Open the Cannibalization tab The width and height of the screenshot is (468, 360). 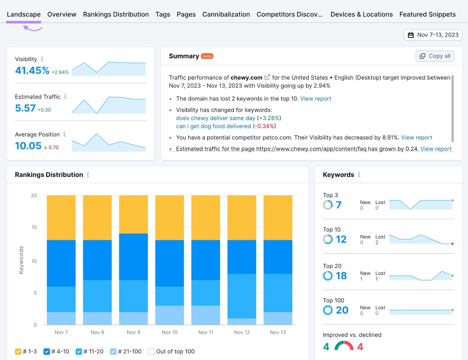[226, 14]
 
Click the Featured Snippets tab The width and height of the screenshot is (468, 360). [427, 14]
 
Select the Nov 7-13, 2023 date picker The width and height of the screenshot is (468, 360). [433, 35]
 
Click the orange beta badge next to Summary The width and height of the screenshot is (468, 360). [207, 56]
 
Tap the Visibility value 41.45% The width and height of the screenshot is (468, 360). [32, 71]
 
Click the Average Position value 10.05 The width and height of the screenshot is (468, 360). [28, 146]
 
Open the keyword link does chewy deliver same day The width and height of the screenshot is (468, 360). [216, 118]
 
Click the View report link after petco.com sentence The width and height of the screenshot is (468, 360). [417, 138]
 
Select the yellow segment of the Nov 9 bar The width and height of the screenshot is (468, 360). [133, 214]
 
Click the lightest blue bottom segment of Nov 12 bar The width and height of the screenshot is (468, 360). [242, 321]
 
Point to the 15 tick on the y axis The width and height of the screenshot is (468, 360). [34, 227]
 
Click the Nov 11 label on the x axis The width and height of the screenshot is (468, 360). [206, 332]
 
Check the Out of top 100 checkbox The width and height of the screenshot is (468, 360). [151, 352]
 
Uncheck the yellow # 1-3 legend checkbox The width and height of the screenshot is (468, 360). [18, 352]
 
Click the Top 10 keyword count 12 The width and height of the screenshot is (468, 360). [341, 239]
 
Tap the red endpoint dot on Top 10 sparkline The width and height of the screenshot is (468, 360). [452, 244]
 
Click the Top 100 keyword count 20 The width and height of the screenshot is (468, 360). [342, 310]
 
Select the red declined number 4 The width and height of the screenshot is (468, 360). [360, 347]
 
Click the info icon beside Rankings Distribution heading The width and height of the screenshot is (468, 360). [88, 175]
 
